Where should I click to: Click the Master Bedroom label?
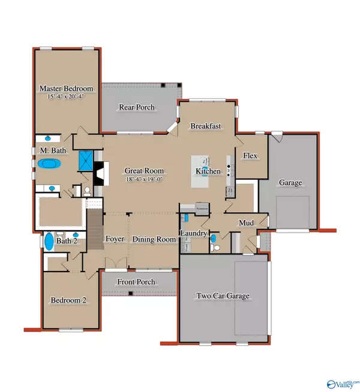[x=67, y=89]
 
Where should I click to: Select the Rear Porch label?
[x=137, y=107]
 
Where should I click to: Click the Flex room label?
[x=250, y=156]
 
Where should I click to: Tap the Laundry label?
[x=194, y=233]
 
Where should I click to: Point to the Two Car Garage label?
[x=223, y=295]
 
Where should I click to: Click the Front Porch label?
[x=137, y=282]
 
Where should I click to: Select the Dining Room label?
[x=154, y=239]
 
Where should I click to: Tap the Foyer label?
[x=115, y=239]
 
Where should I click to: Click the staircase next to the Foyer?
[x=95, y=229]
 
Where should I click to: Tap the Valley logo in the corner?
[x=340, y=384]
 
